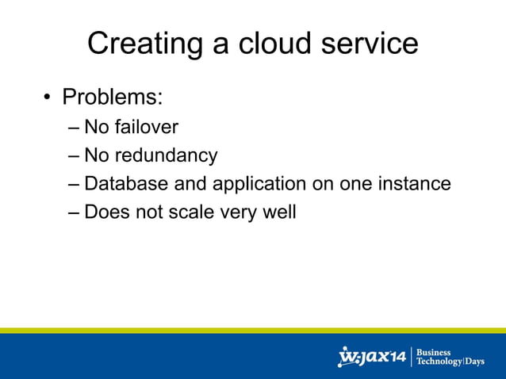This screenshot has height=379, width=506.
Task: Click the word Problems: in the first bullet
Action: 113,98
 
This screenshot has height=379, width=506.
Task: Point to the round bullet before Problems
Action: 48,98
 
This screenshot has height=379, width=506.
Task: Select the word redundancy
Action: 169,155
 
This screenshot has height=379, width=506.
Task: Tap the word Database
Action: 125,184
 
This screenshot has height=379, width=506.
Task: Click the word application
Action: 257,184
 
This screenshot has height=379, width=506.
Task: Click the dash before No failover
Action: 74,128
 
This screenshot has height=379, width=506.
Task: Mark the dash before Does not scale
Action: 74,213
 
